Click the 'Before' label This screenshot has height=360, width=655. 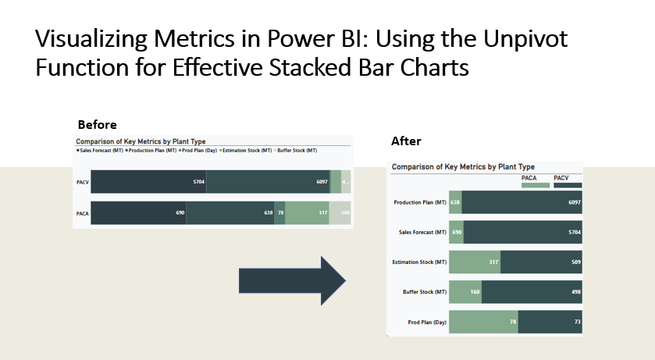click(x=97, y=125)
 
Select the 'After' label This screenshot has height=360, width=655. click(x=405, y=141)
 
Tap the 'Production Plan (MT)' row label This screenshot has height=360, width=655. click(x=420, y=202)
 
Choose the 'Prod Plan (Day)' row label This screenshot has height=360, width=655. click(x=426, y=322)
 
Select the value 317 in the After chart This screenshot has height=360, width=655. click(x=493, y=262)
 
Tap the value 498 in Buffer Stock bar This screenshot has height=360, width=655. click(x=575, y=292)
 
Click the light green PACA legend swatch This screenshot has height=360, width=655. click(x=536, y=185)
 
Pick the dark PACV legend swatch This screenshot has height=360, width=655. click(x=568, y=185)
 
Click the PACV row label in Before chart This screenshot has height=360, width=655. click(x=82, y=181)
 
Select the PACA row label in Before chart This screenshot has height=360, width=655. click(x=82, y=212)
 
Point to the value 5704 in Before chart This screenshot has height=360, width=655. click(x=198, y=181)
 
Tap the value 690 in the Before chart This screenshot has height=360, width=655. click(x=179, y=212)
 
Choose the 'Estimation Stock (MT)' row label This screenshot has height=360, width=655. click(x=420, y=262)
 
